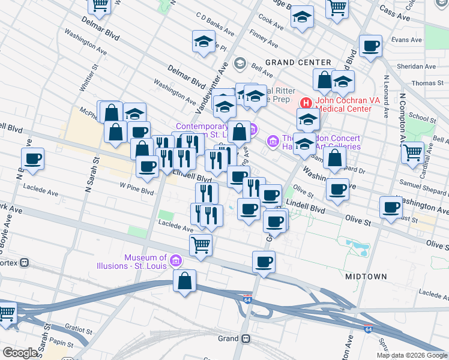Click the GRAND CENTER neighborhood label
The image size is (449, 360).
[298, 62]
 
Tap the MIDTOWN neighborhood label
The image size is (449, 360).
[366, 276]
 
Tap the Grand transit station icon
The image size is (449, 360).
[246, 338]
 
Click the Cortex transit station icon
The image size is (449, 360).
[25, 263]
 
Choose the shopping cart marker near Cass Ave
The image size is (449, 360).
[338, 7]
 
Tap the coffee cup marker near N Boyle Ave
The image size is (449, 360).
[33, 159]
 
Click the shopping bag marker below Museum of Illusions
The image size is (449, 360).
[185, 280]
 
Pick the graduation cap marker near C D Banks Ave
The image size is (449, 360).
[204, 42]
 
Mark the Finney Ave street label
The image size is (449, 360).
[266, 39]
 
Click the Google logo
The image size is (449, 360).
[19, 352]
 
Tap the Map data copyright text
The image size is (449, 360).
[412, 355]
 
